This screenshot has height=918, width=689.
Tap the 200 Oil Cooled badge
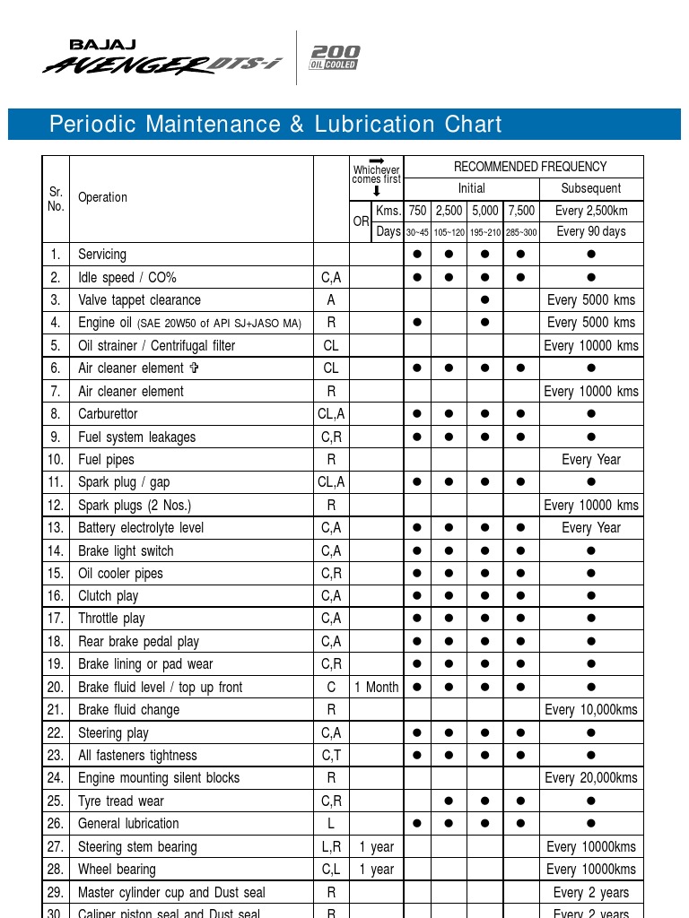coord(334,56)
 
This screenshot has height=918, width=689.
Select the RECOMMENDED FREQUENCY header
coord(529,167)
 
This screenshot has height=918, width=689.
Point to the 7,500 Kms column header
coord(520,211)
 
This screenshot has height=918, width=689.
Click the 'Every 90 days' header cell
coord(590,231)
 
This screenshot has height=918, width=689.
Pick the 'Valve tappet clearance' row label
coord(139,300)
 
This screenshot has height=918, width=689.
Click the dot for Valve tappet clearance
coord(485,300)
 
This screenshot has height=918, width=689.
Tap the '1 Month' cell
coord(377,688)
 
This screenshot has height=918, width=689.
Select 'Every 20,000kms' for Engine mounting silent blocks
coord(590,778)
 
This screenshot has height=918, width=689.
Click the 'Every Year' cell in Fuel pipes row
coord(590,460)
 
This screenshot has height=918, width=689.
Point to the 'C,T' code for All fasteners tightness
coord(331,756)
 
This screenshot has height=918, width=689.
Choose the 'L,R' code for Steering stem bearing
coord(331,847)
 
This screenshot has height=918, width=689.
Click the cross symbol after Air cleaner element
coord(194,368)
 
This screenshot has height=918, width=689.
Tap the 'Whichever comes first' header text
coord(377,174)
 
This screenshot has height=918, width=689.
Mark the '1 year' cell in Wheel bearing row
coord(377,870)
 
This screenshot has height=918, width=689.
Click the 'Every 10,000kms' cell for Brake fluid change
coord(590,710)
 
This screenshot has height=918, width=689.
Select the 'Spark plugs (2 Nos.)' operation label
coord(135,506)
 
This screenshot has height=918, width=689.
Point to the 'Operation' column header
coord(102,197)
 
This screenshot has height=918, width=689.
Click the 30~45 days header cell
coord(418,232)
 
